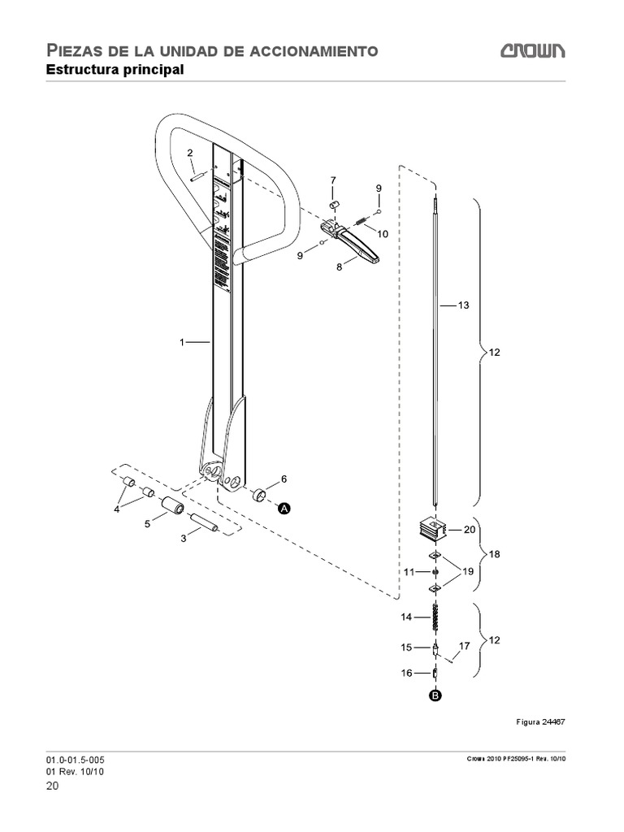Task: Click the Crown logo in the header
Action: pos(533,52)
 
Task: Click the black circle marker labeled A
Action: pos(285,508)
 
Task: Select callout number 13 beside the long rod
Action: pos(464,305)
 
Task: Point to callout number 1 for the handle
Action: pos(183,342)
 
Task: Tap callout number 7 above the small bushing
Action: pos(332,180)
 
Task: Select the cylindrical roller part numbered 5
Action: pos(172,507)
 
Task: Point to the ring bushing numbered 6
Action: pos(261,494)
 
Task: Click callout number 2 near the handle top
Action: pos(190,153)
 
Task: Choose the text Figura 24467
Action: pos(540,721)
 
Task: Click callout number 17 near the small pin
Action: pos(464,646)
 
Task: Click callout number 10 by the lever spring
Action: pos(382,233)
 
